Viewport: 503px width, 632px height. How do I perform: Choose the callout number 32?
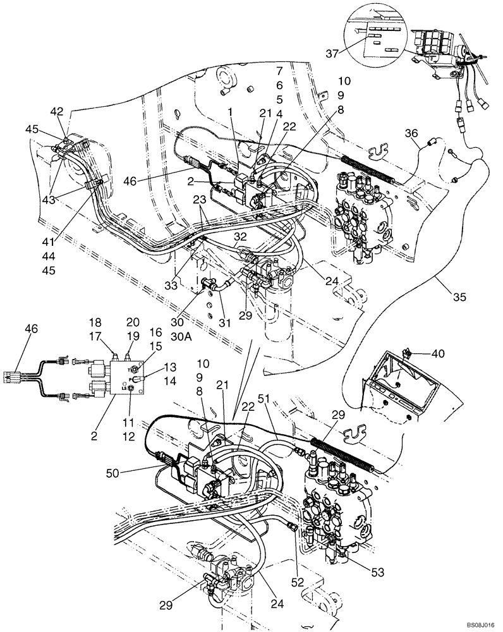point(241,238)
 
